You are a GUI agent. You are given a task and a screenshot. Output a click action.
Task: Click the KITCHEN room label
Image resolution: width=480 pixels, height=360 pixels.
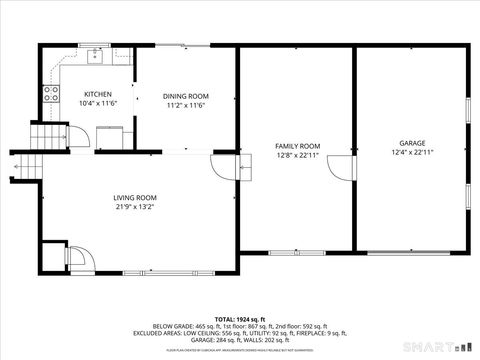84,94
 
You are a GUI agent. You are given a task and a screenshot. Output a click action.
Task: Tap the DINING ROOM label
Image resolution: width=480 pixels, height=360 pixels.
185,96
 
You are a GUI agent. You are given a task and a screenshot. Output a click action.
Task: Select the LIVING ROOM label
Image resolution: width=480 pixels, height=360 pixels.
135,197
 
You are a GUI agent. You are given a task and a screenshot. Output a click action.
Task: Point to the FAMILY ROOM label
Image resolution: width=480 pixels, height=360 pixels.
297,146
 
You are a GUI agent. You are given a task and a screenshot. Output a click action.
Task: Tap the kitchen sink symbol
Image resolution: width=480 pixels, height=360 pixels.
96,55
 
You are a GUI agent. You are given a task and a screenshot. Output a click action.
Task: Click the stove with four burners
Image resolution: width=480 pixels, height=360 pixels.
50,96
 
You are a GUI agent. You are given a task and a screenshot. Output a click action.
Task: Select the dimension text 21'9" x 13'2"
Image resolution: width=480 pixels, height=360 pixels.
135,208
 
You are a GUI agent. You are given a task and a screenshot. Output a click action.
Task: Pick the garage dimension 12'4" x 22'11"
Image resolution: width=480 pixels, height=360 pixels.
412,153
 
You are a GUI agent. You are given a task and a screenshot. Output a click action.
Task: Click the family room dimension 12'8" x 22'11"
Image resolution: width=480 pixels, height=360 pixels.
297,156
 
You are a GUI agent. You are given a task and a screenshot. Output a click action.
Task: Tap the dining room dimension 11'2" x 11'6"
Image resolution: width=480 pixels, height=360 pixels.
185,106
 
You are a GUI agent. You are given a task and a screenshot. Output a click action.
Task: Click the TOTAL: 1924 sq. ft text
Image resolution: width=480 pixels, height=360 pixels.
241,318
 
